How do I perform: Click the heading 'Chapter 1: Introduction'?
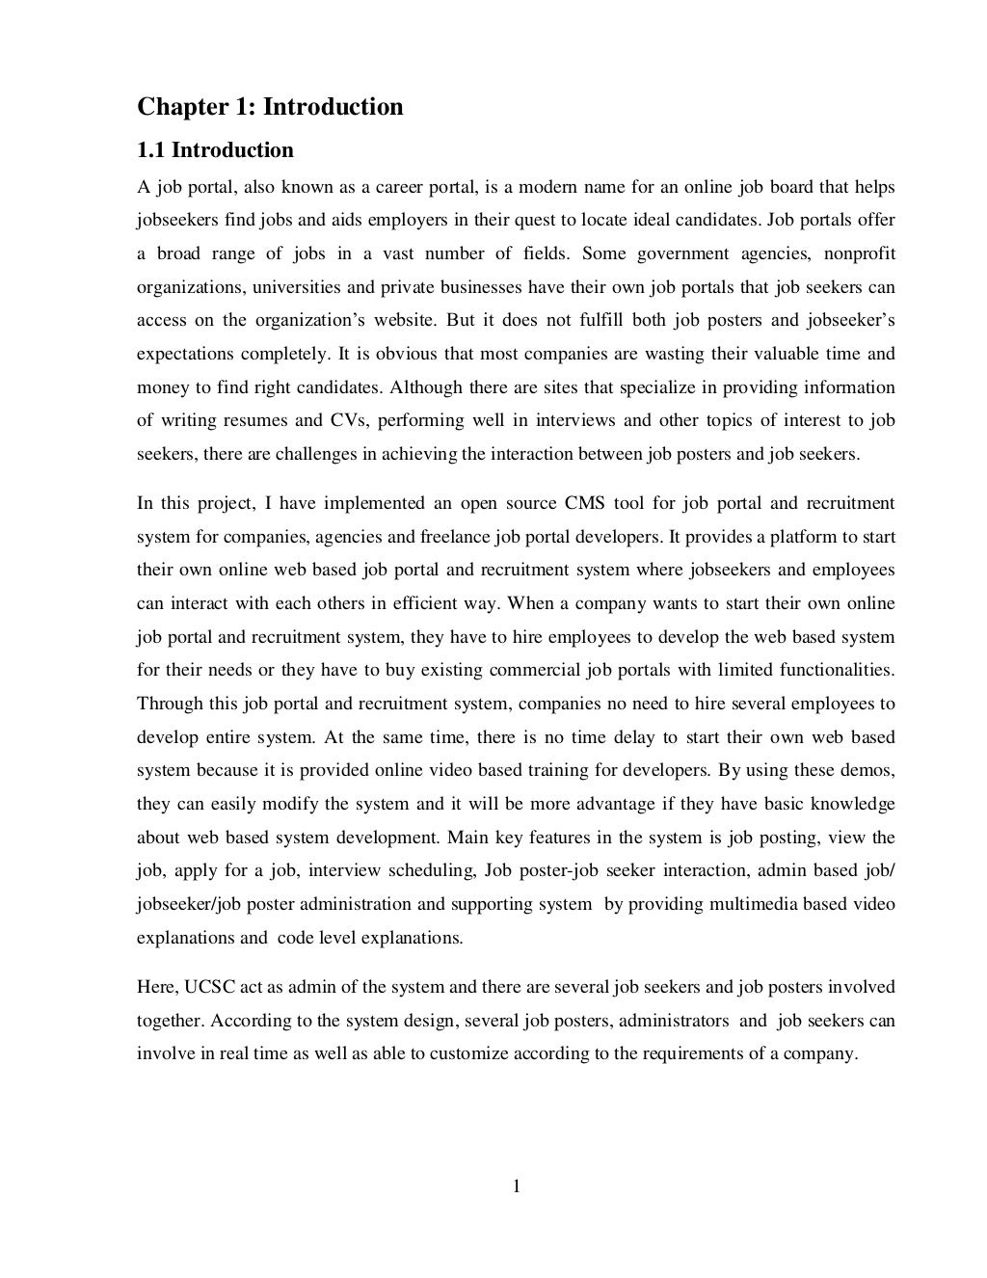pos(270,107)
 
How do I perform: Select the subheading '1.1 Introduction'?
pos(215,150)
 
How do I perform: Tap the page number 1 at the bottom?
pos(516,1186)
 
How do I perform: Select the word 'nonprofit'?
pos(860,253)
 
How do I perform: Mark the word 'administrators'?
pos(674,1021)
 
